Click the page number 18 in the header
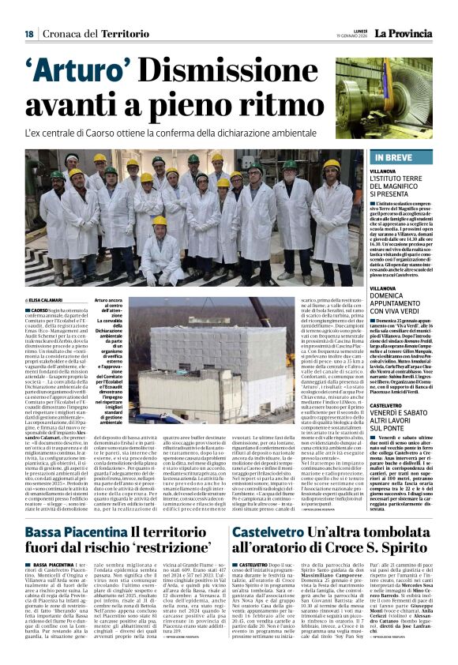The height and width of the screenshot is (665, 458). [x=28, y=34]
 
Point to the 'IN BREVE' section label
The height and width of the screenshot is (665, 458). [x=389, y=158]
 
